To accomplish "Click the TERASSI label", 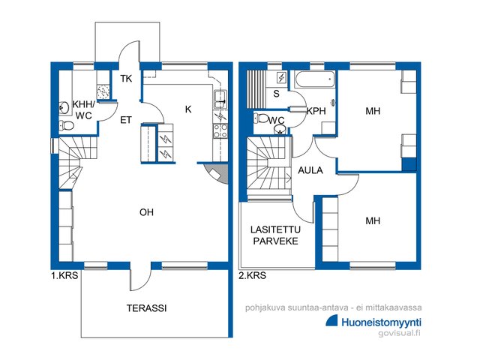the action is (x=147, y=308).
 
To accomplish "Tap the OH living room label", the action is (x=146, y=212).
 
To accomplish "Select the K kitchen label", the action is (x=188, y=109).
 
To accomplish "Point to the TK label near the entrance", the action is (x=126, y=79).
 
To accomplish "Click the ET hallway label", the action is (x=125, y=120).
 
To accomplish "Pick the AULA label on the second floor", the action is (x=310, y=170).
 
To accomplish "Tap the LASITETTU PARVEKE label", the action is (x=275, y=235).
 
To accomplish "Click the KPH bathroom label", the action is (x=316, y=111).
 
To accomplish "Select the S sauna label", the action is (x=277, y=93).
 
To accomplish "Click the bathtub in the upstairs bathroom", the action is (x=314, y=79).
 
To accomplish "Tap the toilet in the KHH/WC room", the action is (x=67, y=125).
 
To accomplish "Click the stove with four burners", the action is (x=220, y=130).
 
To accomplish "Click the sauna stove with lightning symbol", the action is (x=281, y=77).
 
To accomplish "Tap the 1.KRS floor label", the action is (x=64, y=275).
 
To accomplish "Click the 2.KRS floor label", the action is (x=252, y=275).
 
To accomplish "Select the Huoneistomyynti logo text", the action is (x=382, y=322).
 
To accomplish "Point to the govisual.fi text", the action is (x=400, y=332).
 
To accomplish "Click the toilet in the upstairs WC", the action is (x=261, y=118).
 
